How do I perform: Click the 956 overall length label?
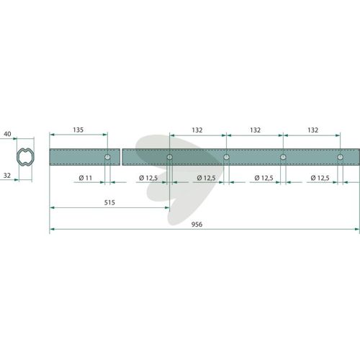197,225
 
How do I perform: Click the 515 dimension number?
109,202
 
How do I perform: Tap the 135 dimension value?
78,130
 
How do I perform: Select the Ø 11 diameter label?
86,178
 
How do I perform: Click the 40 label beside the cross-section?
7,134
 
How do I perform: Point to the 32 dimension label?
7,176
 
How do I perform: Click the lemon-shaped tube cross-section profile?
25,157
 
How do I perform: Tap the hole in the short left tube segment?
107,157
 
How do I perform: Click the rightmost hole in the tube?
340,157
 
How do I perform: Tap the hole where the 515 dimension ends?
169,157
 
